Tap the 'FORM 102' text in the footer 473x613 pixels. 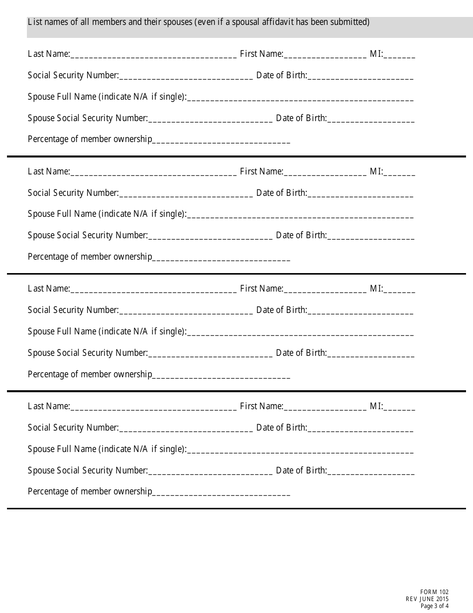438,593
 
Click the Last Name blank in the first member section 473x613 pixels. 153,55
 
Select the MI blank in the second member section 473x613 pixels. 399,172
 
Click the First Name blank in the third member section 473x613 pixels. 325,290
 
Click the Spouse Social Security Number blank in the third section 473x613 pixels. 210,354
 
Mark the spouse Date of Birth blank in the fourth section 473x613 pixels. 371,471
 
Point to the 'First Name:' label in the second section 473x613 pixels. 261,171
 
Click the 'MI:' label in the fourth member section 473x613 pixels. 376,406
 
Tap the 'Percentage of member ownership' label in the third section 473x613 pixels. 90,374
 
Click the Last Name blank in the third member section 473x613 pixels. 153,290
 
